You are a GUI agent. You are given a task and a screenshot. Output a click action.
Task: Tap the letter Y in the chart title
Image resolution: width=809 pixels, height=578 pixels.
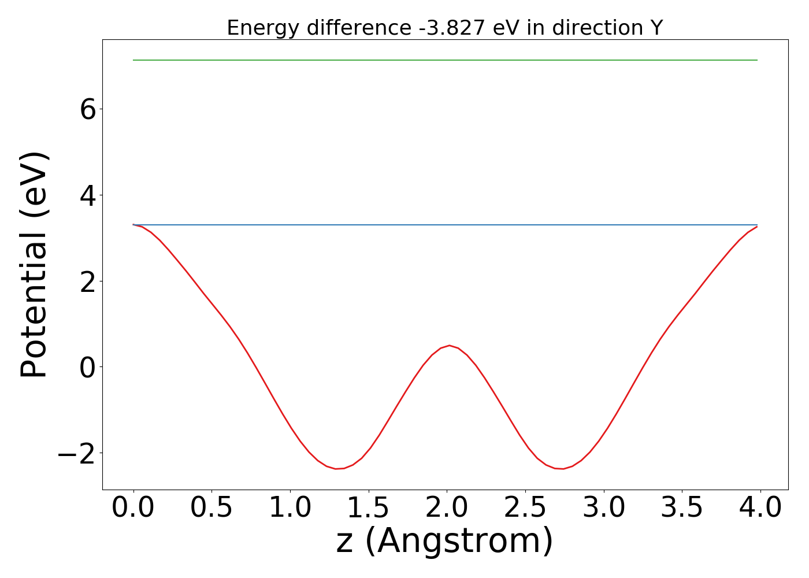(x=656, y=28)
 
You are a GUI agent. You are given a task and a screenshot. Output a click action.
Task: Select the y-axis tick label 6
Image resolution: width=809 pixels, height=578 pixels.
(x=88, y=110)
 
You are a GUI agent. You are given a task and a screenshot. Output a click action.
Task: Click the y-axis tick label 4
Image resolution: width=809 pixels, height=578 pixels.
(x=88, y=195)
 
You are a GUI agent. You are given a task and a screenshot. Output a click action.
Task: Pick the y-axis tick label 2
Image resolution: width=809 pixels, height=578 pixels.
(x=88, y=281)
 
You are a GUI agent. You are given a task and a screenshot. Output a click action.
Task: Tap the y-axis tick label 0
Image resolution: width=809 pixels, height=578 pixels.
(x=88, y=367)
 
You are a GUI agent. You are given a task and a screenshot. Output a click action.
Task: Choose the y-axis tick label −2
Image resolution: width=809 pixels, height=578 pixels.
(x=77, y=453)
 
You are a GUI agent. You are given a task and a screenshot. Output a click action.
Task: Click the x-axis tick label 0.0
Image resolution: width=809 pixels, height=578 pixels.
(x=133, y=509)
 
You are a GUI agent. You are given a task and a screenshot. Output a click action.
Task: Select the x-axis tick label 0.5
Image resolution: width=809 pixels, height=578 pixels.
(x=211, y=509)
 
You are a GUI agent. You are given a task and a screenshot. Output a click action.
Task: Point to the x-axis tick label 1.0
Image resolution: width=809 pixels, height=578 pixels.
(x=290, y=509)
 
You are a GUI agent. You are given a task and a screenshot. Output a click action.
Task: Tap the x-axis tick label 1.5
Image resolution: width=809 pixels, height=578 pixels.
(x=369, y=509)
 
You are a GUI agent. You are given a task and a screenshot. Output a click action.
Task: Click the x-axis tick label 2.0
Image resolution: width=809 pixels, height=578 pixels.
(x=447, y=509)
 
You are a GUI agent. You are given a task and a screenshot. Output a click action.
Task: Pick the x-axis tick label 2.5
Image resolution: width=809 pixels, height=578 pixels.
(x=525, y=509)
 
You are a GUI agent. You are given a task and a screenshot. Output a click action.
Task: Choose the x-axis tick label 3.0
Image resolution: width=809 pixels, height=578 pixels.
(x=604, y=509)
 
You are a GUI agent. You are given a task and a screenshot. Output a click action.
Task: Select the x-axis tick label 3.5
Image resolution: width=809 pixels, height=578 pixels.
(x=682, y=509)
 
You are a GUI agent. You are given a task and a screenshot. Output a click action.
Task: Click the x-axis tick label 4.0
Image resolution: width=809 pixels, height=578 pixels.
(x=760, y=509)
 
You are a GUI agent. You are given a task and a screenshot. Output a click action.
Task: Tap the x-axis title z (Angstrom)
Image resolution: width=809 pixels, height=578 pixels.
(x=445, y=542)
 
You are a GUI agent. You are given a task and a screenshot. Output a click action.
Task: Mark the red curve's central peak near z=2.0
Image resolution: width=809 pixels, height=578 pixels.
(x=449, y=346)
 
